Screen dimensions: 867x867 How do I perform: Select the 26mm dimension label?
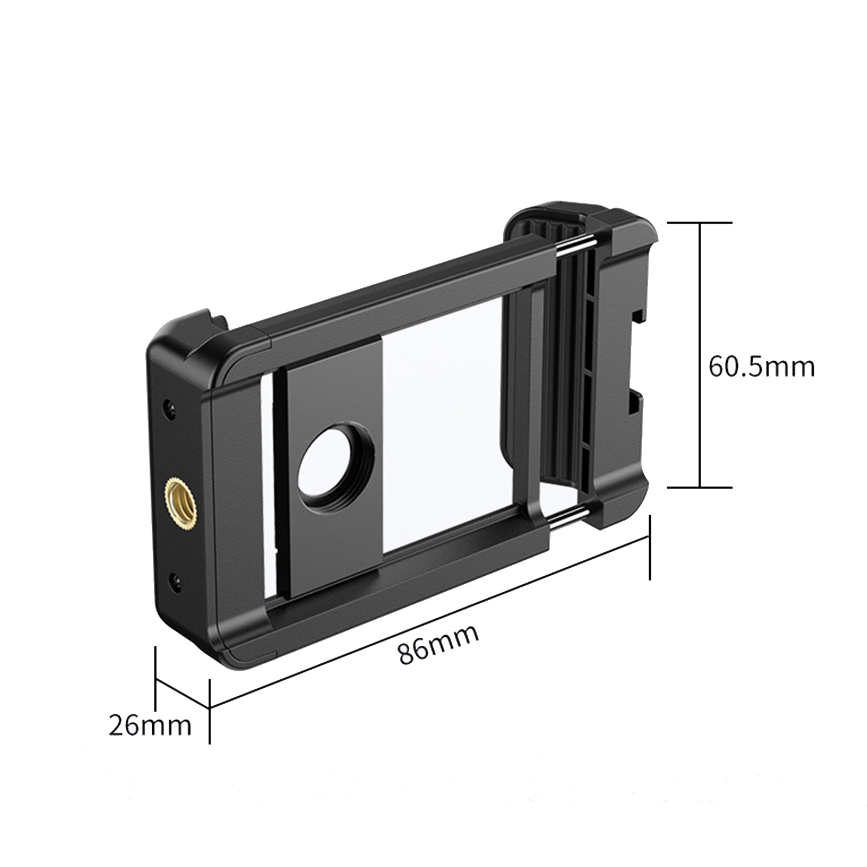tap(150, 726)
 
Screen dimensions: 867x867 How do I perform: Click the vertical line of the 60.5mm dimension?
tap(700, 354)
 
